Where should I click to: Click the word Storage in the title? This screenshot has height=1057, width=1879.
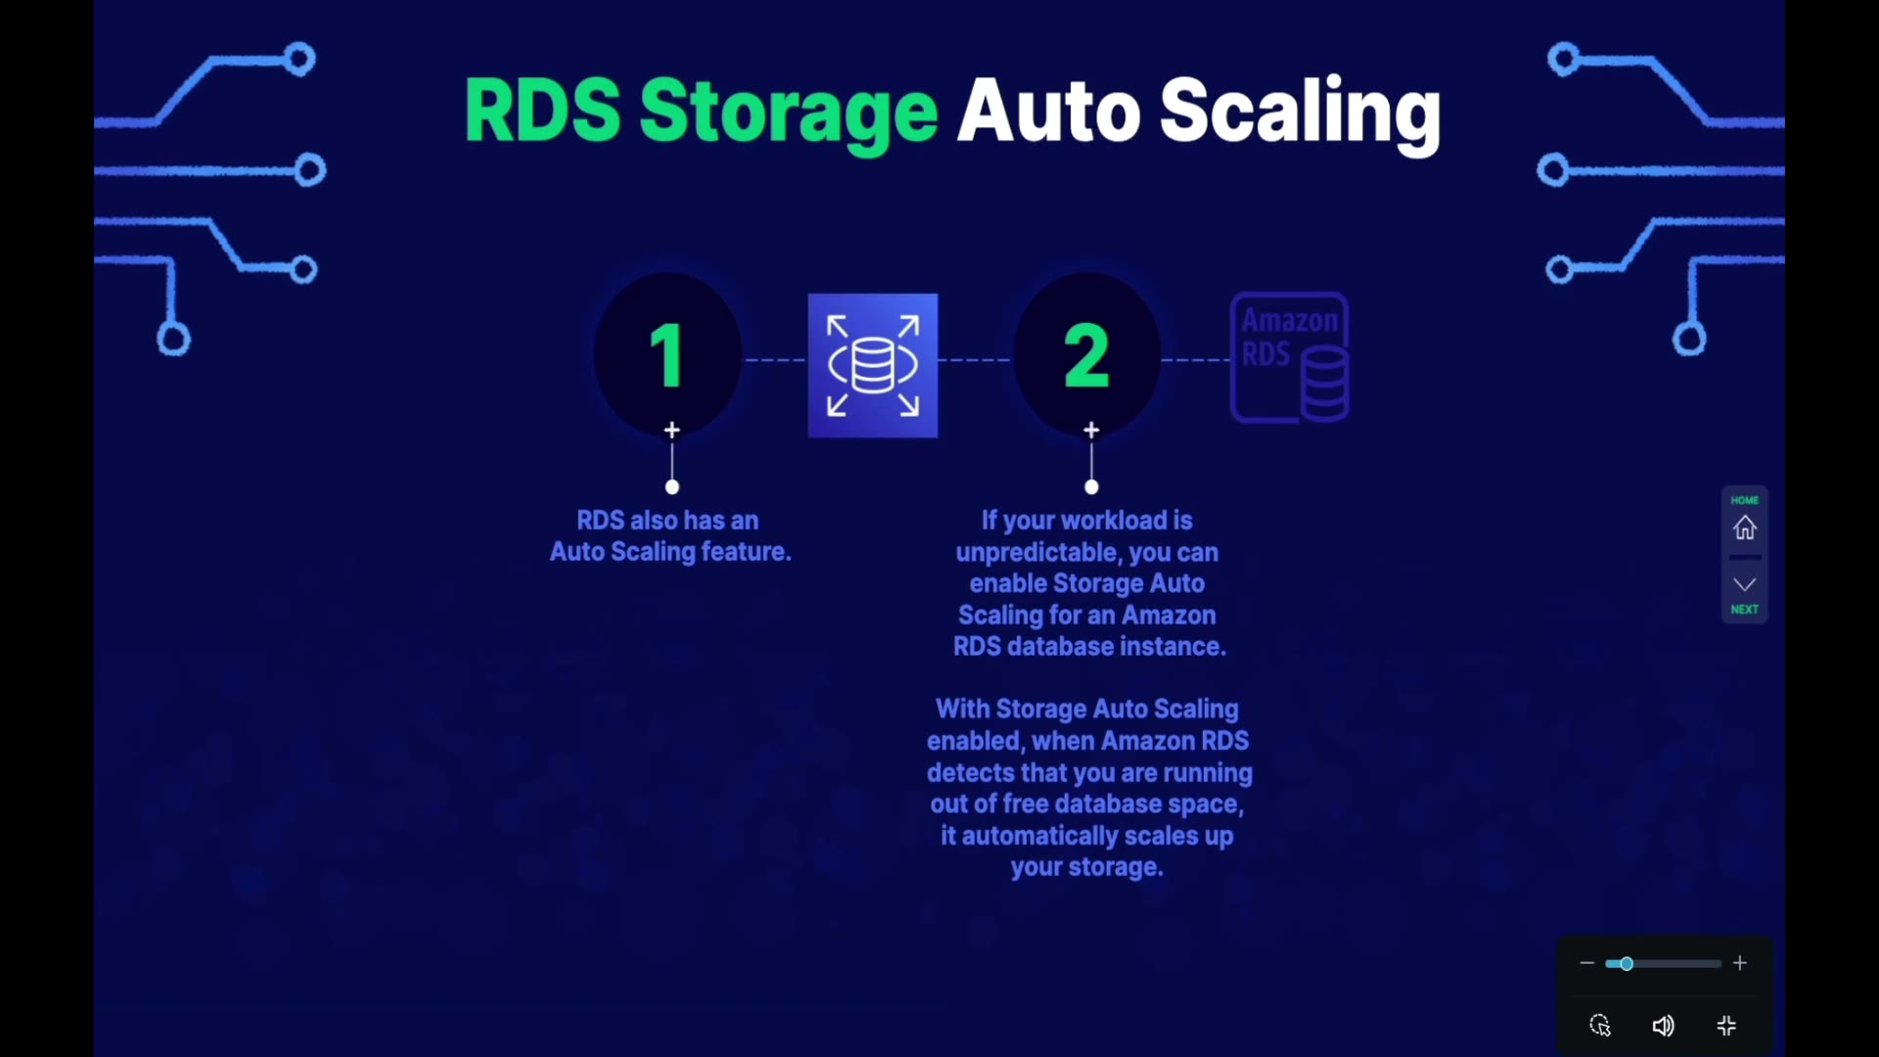[x=789, y=113]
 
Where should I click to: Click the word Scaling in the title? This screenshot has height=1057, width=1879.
[x=1300, y=113]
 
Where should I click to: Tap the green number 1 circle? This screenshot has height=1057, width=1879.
[x=668, y=355]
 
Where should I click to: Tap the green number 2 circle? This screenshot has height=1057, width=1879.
[x=1087, y=355]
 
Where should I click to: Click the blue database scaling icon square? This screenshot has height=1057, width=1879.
[x=873, y=365]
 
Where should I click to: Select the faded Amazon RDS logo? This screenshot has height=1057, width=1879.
[x=1291, y=357]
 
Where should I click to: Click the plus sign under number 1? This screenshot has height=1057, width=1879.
[x=672, y=430]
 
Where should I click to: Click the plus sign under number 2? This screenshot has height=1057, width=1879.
[x=1092, y=430]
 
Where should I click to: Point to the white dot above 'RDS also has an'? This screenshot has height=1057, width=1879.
[x=672, y=486]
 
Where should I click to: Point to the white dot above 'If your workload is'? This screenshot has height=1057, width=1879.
[x=1092, y=486]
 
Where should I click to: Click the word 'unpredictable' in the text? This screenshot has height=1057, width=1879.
[x=1038, y=552]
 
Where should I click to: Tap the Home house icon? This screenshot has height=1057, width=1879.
[x=1745, y=528]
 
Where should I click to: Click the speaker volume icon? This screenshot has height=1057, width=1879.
[x=1664, y=1026]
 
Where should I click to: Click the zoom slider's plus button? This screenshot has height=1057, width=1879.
[x=1740, y=964]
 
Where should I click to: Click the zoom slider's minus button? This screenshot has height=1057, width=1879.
[x=1587, y=964]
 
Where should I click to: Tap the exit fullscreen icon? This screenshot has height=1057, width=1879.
[x=1727, y=1026]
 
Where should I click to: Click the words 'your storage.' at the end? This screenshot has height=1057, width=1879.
[x=1087, y=868]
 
